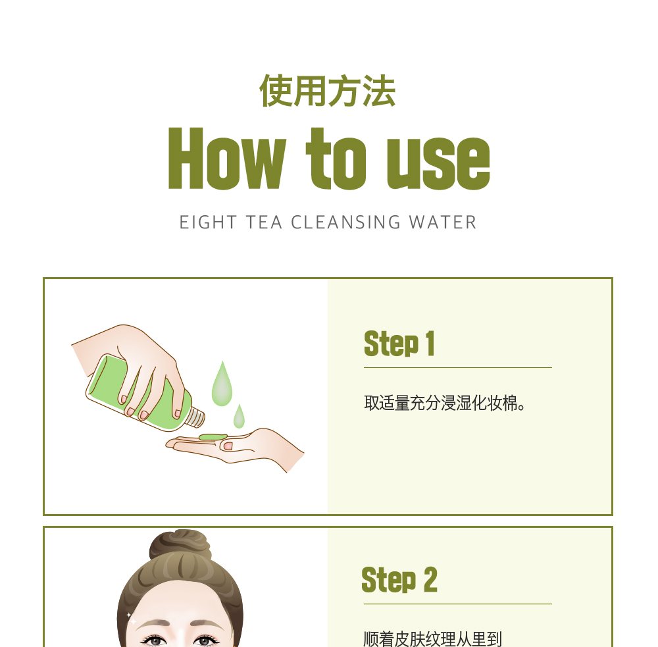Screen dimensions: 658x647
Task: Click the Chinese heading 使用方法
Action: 327,91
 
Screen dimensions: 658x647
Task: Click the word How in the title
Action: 227,158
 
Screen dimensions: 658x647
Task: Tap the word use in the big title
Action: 438,163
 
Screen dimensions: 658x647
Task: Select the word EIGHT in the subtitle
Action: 208,222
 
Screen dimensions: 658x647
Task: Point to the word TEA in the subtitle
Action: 264,222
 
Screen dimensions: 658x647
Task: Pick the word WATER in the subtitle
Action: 443,222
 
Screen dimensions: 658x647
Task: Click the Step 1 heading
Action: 399,344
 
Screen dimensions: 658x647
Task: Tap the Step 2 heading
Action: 399,580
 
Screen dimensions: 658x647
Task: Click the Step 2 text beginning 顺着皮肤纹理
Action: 433,639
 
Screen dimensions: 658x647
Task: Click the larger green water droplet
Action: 222,384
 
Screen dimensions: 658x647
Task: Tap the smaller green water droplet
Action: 239,416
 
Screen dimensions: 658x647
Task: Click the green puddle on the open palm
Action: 213,437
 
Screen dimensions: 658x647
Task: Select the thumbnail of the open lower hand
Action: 228,446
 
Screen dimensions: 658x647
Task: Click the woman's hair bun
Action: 180,543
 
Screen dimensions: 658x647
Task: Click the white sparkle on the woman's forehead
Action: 132,619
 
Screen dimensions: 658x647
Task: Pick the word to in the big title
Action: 336,159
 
